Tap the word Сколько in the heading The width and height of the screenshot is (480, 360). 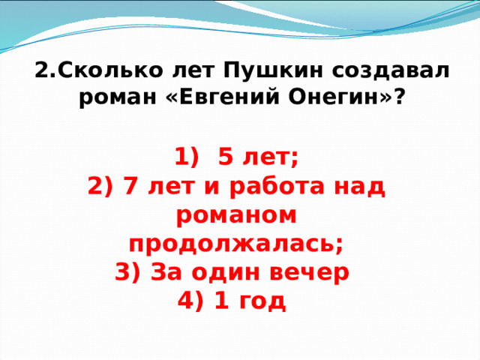coord(110,70)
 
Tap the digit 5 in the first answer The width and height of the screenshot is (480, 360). coord(226,157)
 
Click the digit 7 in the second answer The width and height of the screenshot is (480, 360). coord(130,186)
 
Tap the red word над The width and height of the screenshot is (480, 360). coord(359,186)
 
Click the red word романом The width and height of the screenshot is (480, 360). coord(236,215)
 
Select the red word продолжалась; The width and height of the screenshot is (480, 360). coord(235,245)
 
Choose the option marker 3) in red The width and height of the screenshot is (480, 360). coord(127,272)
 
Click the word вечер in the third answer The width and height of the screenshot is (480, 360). coord(309,273)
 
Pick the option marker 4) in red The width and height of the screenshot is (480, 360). coord(190,301)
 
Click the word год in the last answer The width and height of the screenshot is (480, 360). coord(262,302)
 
